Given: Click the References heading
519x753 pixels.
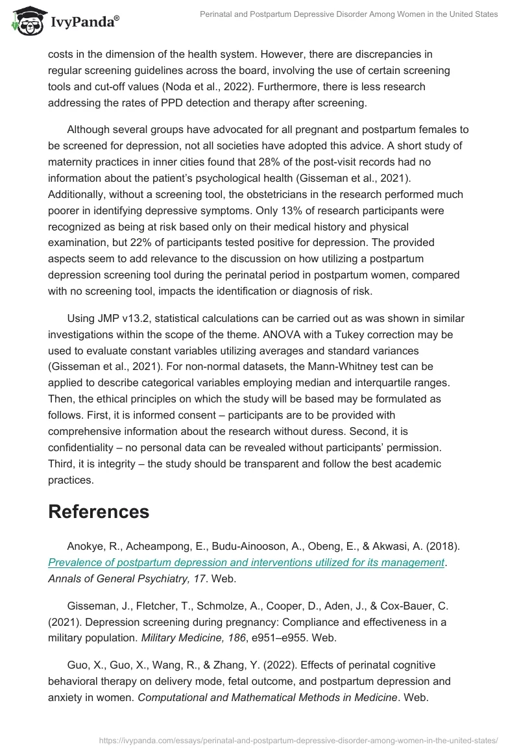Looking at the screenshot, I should (99, 512).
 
